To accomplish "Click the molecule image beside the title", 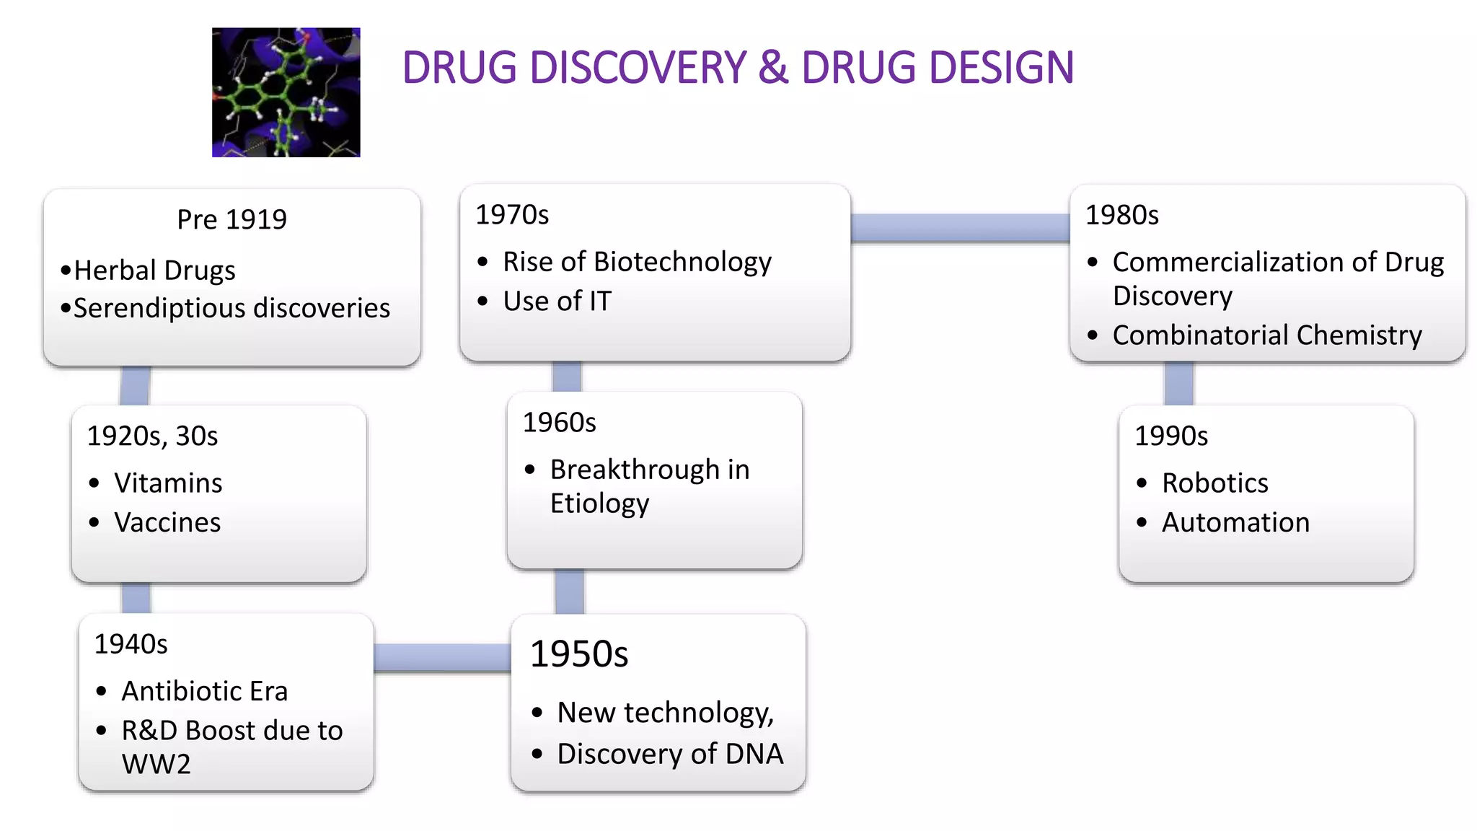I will click(286, 92).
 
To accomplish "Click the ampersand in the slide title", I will click(773, 68).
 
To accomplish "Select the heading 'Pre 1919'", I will click(232, 219).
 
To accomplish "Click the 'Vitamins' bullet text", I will click(168, 483).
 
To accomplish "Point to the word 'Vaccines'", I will click(167, 522).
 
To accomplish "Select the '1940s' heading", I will click(131, 643).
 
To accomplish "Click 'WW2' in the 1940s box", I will click(156, 764).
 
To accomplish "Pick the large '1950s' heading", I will click(578, 654).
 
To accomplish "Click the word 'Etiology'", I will click(599, 504).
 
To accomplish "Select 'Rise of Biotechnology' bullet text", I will click(637, 262).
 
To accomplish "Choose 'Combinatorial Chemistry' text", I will click(1266, 335).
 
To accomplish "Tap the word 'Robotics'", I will click(1214, 483).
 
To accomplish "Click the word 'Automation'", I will click(1235, 522).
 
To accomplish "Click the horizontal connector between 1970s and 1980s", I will click(959, 228).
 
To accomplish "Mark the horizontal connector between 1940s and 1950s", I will click(441, 657).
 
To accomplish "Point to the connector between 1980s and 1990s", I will click(1178, 383).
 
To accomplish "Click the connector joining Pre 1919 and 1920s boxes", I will click(135, 386).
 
